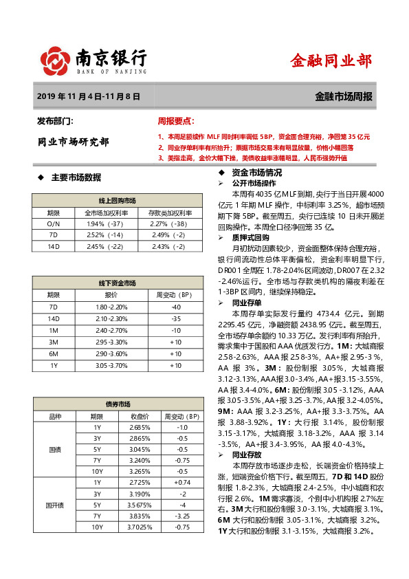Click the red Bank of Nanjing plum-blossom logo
(x=56, y=61)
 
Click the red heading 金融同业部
(x=332, y=61)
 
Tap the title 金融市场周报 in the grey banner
(x=344, y=97)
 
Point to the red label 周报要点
(x=176, y=121)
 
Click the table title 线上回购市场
(x=117, y=200)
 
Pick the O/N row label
(x=54, y=223)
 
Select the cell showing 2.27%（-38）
(x=168, y=223)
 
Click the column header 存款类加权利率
(x=168, y=212)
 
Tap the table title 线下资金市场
(x=117, y=283)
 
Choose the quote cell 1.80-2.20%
(x=111, y=307)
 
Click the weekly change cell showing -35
(x=176, y=318)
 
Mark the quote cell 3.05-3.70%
(x=111, y=365)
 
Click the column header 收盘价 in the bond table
(x=140, y=416)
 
